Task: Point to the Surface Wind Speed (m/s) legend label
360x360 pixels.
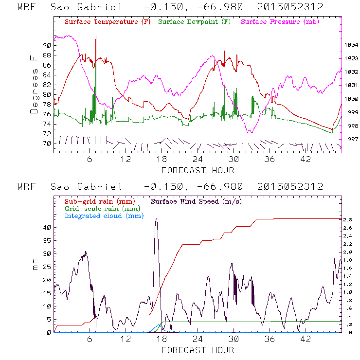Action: pyautogui.click(x=197, y=201)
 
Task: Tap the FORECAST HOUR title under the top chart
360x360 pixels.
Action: pyautogui.click(x=198, y=170)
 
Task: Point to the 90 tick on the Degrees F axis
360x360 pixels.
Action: pyautogui.click(x=47, y=45)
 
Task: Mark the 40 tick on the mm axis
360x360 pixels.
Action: pyautogui.click(x=47, y=227)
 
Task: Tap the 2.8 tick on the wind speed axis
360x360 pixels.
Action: pyautogui.click(x=347, y=220)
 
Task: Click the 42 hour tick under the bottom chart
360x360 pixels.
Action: pyautogui.click(x=306, y=339)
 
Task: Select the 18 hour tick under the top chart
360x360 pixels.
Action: pyautogui.click(x=162, y=160)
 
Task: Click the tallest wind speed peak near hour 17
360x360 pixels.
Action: pyautogui.click(x=156, y=219)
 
